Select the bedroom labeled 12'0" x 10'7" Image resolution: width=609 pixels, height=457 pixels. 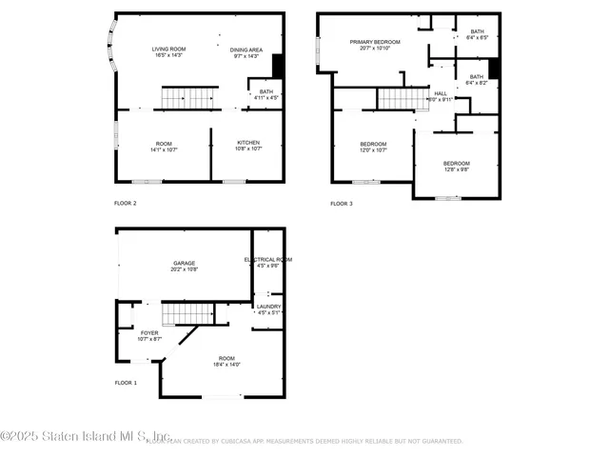372,147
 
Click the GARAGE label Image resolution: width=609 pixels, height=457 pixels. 185,266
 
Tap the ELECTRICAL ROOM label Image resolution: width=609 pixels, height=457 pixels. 267,262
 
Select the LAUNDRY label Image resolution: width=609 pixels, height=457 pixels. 267,308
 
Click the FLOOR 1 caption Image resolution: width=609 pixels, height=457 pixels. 126,383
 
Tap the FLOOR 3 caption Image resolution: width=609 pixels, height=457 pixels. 341,204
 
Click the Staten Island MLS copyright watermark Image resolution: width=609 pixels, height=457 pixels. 86,437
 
